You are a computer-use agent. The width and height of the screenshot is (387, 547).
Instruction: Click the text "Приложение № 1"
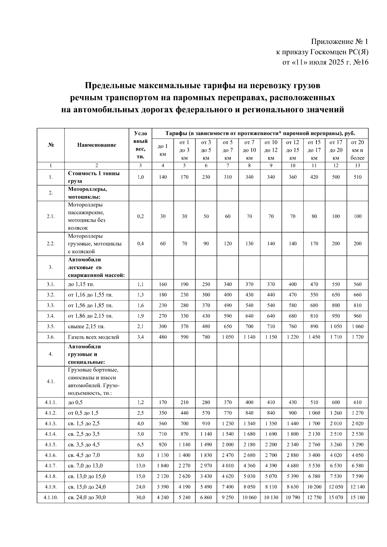pyautogui.click(x=339, y=42)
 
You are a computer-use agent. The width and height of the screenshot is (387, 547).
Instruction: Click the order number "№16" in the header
pyautogui.click(x=361, y=62)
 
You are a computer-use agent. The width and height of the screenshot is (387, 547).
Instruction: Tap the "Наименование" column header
pyautogui.click(x=96, y=145)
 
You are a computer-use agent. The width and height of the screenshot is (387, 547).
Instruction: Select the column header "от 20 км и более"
pyautogui.click(x=357, y=150)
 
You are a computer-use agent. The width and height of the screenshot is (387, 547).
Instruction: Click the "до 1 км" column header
pyautogui.click(x=163, y=150)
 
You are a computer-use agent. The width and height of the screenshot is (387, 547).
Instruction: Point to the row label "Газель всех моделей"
pyautogui.click(x=93, y=337)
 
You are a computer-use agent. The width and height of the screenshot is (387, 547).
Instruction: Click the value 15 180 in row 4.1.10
pyautogui.click(x=357, y=497)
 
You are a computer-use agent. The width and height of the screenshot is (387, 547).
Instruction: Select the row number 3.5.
pyautogui.click(x=51, y=327)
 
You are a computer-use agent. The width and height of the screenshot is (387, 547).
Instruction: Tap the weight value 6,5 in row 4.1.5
pyautogui.click(x=140, y=444)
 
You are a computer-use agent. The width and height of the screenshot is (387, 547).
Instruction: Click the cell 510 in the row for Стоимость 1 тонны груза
pyautogui.click(x=357, y=177)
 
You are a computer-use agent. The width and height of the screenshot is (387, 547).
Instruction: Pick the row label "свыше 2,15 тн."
pyautogui.click(x=86, y=327)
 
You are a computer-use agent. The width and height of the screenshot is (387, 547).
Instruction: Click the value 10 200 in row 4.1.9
pyautogui.click(x=314, y=487)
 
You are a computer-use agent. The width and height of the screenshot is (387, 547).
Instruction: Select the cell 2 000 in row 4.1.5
pyautogui.click(x=228, y=444)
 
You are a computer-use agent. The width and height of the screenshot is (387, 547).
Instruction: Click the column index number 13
pyautogui.click(x=357, y=166)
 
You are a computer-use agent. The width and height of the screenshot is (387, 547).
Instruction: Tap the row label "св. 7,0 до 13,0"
pyautogui.click(x=85, y=466)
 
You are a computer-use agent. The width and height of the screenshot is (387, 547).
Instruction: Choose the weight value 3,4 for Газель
pyautogui.click(x=140, y=337)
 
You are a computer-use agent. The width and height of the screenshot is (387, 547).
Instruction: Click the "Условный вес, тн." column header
pyautogui.click(x=140, y=145)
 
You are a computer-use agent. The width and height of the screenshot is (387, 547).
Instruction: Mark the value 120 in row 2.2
pyautogui.click(x=228, y=244)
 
